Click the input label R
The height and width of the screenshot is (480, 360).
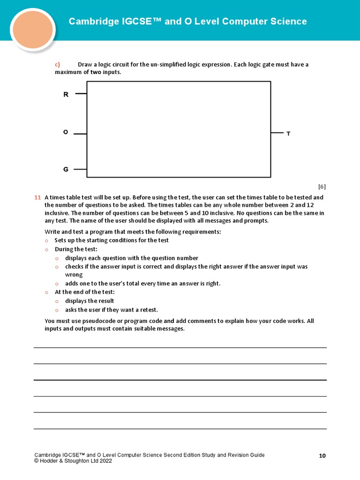pos(66,95)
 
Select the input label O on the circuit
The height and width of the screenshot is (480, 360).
pos(66,133)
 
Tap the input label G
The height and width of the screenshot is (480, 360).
pos(66,169)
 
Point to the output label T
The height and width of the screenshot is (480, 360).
pos(288,134)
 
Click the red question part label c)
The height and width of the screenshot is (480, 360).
pos(58,65)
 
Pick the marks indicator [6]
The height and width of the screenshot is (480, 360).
pos(322,187)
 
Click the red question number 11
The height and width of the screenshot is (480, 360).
pos(37,198)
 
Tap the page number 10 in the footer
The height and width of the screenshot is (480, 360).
pos(322,456)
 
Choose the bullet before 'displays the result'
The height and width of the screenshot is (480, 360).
pos(57,301)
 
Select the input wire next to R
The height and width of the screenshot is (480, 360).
pos(81,94)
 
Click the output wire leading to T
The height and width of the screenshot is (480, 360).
pos(277,133)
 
